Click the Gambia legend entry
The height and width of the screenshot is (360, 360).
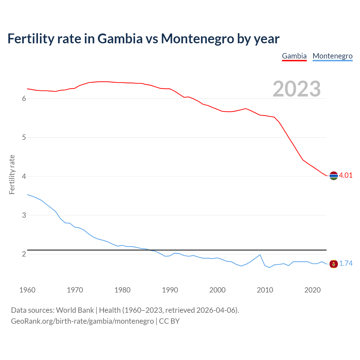tap(294, 56)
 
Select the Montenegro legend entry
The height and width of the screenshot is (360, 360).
tap(332, 56)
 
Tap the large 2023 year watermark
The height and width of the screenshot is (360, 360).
tap(297, 89)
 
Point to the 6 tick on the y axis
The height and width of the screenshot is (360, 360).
tap(24, 99)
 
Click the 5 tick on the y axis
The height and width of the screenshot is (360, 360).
tap(24, 138)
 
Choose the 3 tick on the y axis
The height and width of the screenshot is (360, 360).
tap(24, 215)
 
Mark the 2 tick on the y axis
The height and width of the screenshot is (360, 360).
tap(24, 254)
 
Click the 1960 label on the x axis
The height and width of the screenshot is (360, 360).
tap(27, 290)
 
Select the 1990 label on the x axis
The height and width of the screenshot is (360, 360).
tap(170, 290)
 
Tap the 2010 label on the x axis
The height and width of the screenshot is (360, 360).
tap(265, 290)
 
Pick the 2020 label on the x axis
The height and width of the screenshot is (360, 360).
tap(312, 290)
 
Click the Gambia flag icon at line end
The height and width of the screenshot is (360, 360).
tap(334, 176)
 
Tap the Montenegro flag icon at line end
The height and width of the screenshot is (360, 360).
tap(334, 264)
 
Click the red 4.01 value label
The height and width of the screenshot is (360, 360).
tap(346, 175)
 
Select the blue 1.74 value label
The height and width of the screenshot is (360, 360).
tap(346, 264)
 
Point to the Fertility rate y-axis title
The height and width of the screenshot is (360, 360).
tap(12, 174)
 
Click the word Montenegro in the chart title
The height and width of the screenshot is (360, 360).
tap(197, 39)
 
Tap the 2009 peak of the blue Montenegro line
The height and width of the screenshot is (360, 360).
tap(260, 255)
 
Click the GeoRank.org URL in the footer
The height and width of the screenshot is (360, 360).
tap(82, 321)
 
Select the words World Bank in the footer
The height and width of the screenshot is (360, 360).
tap(75, 310)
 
